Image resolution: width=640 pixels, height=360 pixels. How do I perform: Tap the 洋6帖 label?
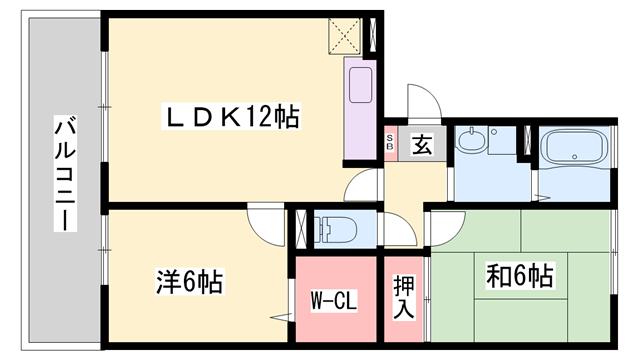(188, 281)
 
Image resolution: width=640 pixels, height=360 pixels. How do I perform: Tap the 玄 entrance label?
(422, 145)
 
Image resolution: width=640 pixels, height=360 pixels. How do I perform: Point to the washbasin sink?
(472, 142)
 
